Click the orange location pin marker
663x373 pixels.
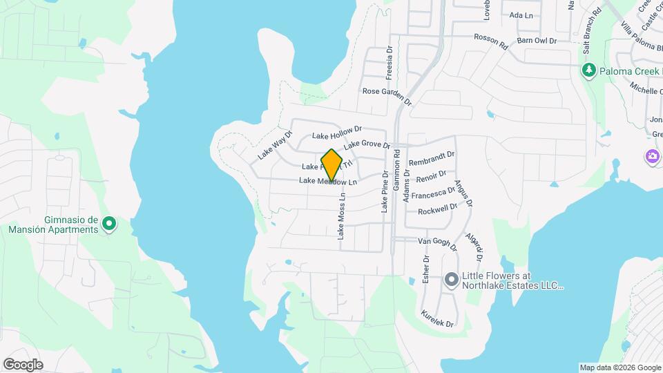[332, 165]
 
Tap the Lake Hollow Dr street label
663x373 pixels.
[337, 133]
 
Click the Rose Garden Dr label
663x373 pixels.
[387, 96]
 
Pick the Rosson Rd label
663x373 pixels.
[490, 42]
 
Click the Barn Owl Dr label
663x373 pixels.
[537, 41]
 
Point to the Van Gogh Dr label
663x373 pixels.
[437, 243]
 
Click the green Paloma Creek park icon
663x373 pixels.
[588, 70]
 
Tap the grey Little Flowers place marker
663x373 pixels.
[451, 280]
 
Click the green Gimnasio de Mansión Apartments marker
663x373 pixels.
[108, 224]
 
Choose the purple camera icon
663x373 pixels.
[652, 157]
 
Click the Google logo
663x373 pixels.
[23, 364]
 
